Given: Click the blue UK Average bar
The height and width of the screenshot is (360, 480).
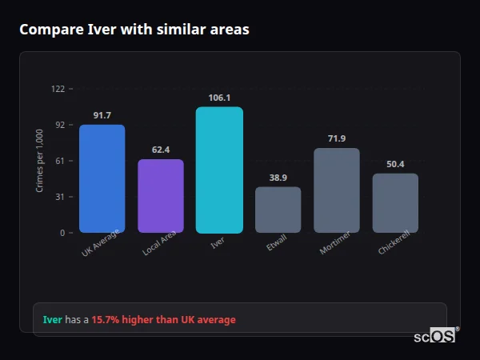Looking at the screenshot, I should [x=102, y=178].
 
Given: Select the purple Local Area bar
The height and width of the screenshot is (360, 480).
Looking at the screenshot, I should [x=161, y=196].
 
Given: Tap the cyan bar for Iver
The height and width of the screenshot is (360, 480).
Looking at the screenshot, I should [x=219, y=170].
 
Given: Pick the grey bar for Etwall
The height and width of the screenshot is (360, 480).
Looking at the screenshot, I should [x=278, y=210].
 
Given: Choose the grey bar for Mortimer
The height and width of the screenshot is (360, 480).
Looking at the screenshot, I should [x=337, y=190].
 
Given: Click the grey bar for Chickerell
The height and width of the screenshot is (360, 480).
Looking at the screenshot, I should [x=395, y=203].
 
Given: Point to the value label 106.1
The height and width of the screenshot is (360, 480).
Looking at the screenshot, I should [x=219, y=98].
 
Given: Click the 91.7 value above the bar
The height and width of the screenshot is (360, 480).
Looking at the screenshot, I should [x=102, y=115].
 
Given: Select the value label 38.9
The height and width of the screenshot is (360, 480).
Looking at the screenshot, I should [x=278, y=178].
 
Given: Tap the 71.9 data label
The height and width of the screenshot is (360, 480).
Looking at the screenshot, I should [x=337, y=138].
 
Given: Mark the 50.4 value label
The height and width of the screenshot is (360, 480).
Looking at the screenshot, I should [x=395, y=164].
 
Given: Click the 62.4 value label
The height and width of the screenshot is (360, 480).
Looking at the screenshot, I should [x=161, y=150].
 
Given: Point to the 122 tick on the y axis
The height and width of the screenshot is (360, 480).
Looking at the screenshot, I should [x=58, y=89].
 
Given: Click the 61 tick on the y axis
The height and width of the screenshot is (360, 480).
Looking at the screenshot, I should [x=59, y=161].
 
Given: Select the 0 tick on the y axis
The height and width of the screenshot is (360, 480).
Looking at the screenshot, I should [x=62, y=233].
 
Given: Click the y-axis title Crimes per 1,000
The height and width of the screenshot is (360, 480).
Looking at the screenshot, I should [x=40, y=161].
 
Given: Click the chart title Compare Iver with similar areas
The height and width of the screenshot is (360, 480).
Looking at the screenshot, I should [x=134, y=30].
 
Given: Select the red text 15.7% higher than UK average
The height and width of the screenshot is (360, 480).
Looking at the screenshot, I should [x=163, y=320].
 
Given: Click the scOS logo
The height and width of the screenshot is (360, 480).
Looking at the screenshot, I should [x=435, y=336].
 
